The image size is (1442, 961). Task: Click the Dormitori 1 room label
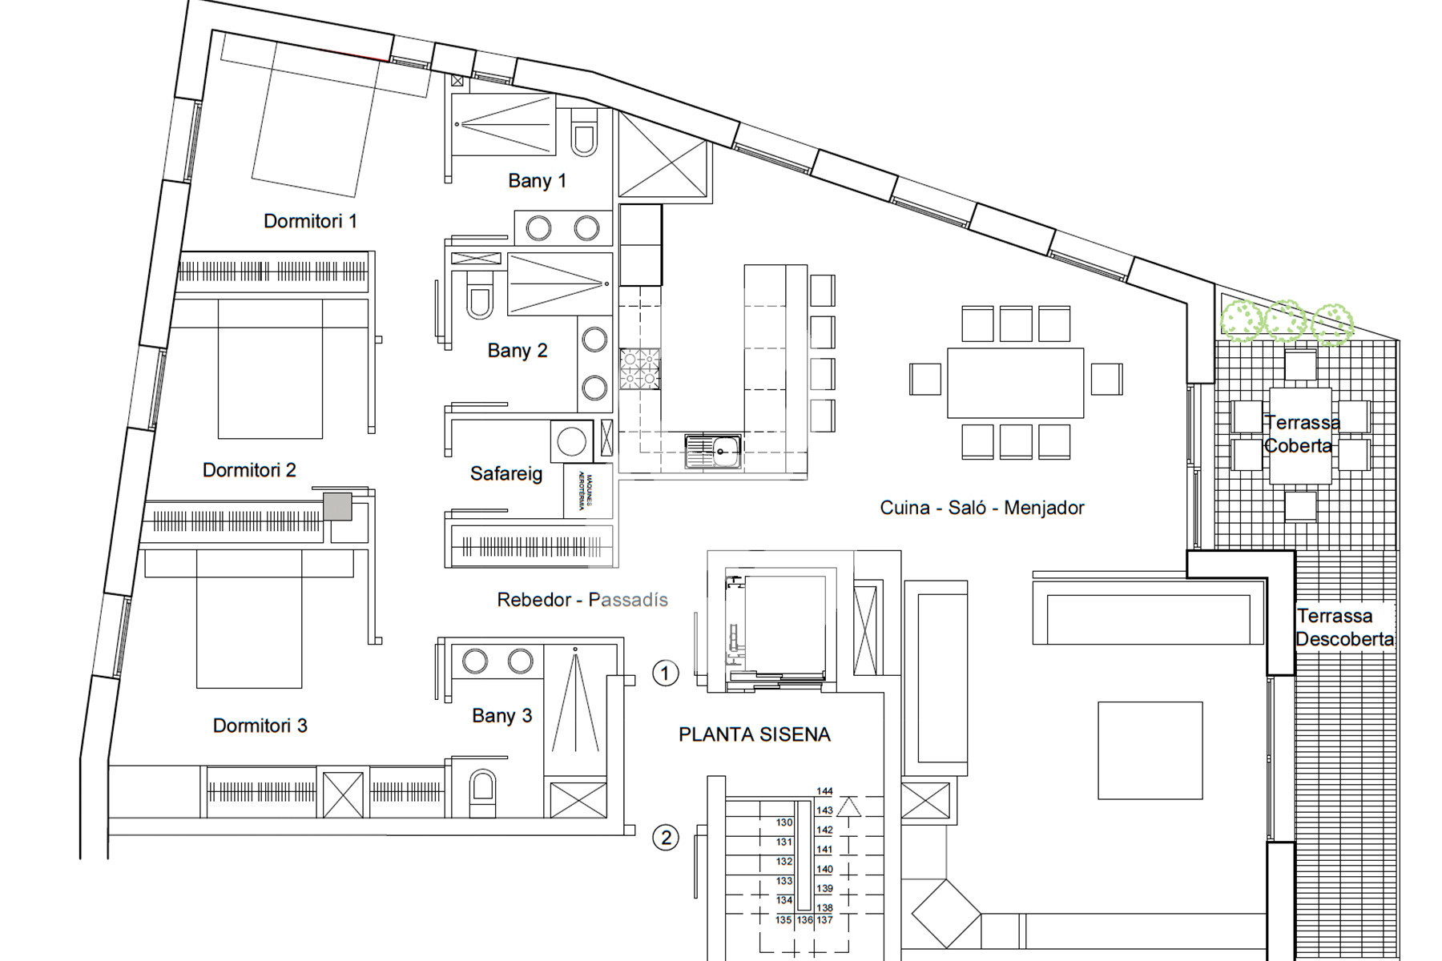click(310, 221)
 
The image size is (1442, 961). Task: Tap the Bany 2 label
click(517, 351)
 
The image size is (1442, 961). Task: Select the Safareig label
click(506, 474)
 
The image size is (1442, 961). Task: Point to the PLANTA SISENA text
click(754, 735)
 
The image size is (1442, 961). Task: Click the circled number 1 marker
click(665, 674)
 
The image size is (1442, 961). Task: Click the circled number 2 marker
click(666, 838)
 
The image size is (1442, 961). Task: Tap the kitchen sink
click(713, 451)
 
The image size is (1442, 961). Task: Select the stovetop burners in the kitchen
click(639, 369)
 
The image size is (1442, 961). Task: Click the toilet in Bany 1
click(584, 139)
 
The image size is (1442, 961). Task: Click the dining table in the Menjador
click(1015, 383)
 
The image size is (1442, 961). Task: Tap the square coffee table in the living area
click(1150, 750)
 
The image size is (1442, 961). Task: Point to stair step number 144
click(824, 791)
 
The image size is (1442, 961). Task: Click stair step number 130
click(783, 822)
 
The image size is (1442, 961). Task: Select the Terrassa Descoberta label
click(1343, 628)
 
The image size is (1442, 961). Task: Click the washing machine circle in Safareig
click(571, 441)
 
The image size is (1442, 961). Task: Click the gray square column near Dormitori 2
click(337, 507)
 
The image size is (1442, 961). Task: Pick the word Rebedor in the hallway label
click(534, 600)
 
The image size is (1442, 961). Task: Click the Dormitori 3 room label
click(260, 726)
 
